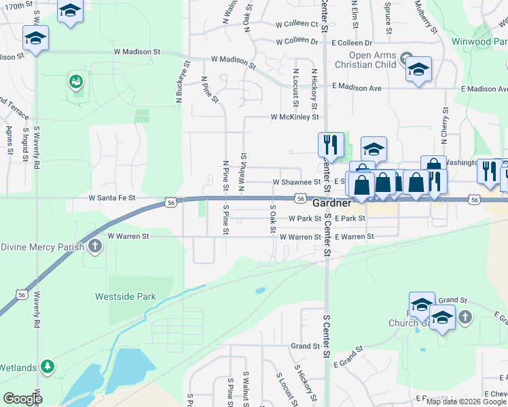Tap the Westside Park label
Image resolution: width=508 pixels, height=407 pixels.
click(126, 296)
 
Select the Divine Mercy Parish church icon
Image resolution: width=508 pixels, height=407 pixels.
click(95, 246)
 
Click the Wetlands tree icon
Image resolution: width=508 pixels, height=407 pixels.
click(48, 367)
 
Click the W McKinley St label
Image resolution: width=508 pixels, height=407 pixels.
click(294, 117)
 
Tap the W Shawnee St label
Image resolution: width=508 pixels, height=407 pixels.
click(296, 182)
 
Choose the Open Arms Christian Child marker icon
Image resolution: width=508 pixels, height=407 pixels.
click(407, 57)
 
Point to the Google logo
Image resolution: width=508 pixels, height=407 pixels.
click(22, 398)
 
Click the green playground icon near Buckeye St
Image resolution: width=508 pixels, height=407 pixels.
click(75, 83)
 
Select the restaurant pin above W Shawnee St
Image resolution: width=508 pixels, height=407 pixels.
click(331, 144)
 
